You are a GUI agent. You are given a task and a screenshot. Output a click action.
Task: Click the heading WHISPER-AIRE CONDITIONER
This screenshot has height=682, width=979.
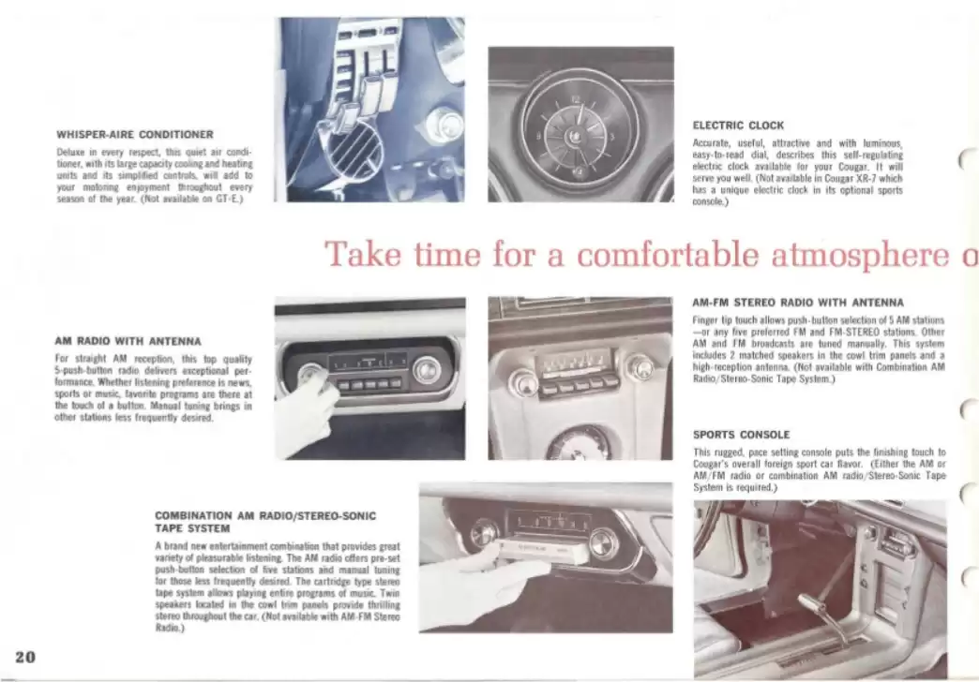point(135,134)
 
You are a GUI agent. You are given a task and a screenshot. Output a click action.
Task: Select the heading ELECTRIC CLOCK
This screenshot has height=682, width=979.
point(738,125)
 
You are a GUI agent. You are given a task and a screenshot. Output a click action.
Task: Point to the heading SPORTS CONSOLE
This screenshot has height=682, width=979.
point(741,435)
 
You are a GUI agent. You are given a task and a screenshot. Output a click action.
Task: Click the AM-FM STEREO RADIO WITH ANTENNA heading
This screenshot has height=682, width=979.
point(797,303)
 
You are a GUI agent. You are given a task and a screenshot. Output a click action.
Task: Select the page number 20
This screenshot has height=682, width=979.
point(25,656)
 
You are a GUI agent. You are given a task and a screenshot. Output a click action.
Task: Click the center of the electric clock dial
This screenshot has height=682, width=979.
point(579,126)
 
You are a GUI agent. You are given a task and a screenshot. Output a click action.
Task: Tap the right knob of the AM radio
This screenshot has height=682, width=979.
point(427,370)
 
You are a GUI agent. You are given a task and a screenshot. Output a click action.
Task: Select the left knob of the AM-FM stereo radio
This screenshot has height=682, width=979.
point(523,382)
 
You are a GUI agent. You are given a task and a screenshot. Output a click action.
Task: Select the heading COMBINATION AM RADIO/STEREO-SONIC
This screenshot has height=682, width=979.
point(265,515)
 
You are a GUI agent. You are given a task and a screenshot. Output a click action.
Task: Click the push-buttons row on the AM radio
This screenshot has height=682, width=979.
point(369,384)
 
